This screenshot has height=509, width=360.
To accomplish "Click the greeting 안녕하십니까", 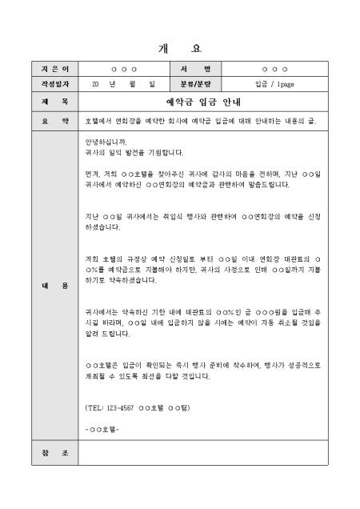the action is tap(105, 142).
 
